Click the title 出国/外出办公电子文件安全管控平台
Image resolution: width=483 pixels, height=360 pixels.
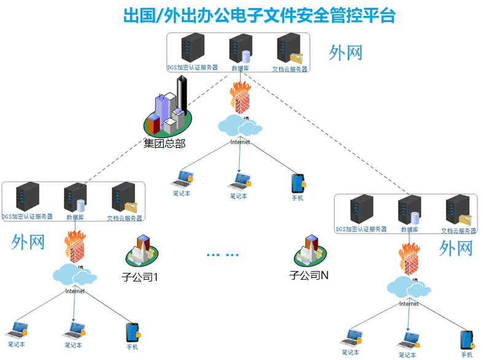pyautogui.click(x=260, y=15)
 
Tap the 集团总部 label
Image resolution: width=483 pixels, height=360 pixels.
pyautogui.click(x=164, y=144)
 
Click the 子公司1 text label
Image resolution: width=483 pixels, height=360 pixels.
pyautogui.click(x=141, y=277)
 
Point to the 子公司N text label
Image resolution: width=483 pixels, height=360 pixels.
pyautogui.click(x=309, y=275)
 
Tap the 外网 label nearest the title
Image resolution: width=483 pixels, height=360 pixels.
pyautogui.click(x=346, y=53)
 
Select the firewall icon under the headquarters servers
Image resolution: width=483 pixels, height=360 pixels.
pyautogui.click(x=240, y=98)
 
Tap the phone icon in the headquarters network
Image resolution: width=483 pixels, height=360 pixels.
pyautogui.click(x=298, y=183)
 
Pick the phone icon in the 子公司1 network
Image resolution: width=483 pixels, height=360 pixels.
pyautogui.click(x=132, y=332)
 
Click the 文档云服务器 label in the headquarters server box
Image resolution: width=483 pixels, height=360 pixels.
pyautogui.click(x=290, y=69)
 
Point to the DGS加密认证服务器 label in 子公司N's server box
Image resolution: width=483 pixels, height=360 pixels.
pyautogui.click(x=361, y=229)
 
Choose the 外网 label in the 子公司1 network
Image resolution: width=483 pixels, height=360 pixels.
pyautogui.click(x=28, y=242)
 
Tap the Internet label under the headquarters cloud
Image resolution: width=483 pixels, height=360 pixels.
pyautogui.click(x=240, y=142)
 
